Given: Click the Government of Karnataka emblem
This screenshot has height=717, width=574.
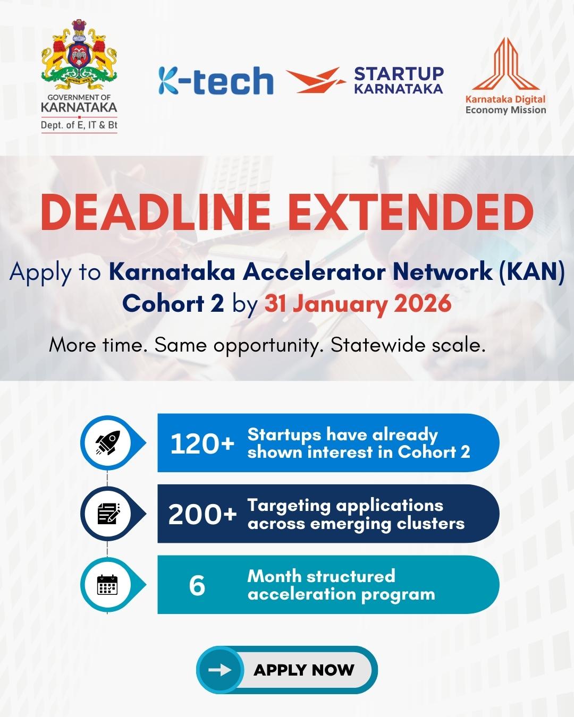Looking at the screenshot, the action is [79, 55].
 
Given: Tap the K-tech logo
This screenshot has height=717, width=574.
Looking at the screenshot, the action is [216, 80].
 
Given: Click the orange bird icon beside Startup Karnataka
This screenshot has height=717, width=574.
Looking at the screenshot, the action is [316, 80].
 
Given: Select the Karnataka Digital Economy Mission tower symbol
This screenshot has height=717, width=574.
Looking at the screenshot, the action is [505, 64].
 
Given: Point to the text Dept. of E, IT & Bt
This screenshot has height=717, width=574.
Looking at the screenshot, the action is [79, 125].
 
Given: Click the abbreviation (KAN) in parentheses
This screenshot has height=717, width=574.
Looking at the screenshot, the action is [532, 273].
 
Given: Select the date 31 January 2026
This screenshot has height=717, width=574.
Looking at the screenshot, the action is [358, 304].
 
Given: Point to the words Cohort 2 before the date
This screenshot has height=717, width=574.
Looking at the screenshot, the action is [173, 304].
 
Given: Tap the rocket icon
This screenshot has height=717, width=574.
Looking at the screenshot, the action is [108, 442].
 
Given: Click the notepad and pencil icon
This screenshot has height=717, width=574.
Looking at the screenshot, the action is [108, 514].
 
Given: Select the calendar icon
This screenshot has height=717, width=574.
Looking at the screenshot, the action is [107, 585].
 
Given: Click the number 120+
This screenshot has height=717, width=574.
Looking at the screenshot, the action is [202, 444].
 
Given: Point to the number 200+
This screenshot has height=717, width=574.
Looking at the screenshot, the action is [202, 515].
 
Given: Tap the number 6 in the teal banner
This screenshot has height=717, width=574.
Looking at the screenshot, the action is [197, 586].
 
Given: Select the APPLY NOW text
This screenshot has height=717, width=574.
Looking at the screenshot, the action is [304, 670].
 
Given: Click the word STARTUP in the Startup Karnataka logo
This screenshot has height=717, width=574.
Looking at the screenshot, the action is [399, 74].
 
